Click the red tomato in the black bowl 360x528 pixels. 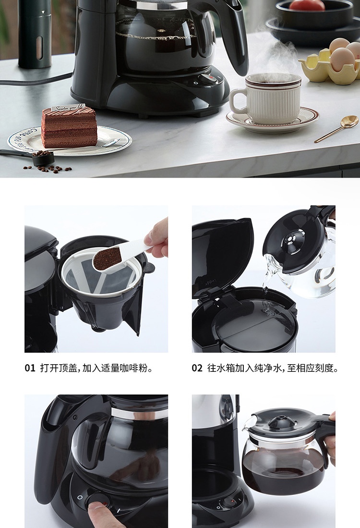307,5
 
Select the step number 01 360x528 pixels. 30,368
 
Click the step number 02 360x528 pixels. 197,368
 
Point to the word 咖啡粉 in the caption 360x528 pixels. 136,368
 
